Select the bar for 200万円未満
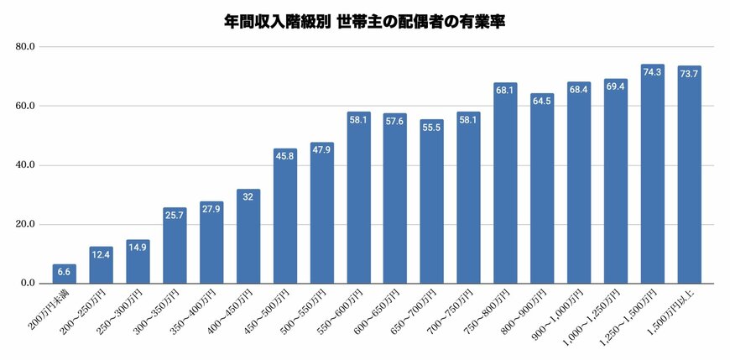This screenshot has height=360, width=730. pyautogui.click(x=65, y=274)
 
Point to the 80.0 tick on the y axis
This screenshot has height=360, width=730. pyautogui.click(x=24, y=47)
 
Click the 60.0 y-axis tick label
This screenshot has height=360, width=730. pyautogui.click(x=24, y=107)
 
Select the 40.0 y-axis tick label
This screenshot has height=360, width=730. pyautogui.click(x=24, y=165)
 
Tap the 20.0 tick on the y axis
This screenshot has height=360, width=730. pyautogui.click(x=24, y=225)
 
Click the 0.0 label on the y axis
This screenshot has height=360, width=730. pyautogui.click(x=27, y=284)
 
